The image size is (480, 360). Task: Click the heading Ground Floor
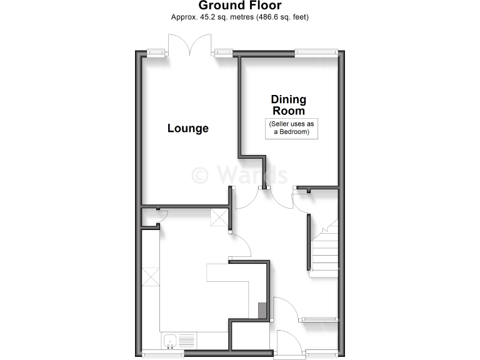(x=239, y=6)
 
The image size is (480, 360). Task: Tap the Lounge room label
(x=187, y=128)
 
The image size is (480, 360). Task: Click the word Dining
(x=288, y=99)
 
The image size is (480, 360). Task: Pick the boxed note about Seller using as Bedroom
(x=292, y=128)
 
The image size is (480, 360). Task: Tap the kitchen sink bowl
(x=170, y=341)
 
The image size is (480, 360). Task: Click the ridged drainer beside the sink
(x=187, y=341)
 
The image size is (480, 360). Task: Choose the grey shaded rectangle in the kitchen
(x=262, y=310)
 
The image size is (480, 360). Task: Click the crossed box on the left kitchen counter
(x=151, y=276)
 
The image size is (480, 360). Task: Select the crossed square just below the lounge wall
(x=219, y=218)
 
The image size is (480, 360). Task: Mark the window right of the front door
(x=321, y=354)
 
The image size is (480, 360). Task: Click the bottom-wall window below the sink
(x=162, y=354)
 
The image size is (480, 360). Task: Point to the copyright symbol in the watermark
(x=200, y=174)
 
